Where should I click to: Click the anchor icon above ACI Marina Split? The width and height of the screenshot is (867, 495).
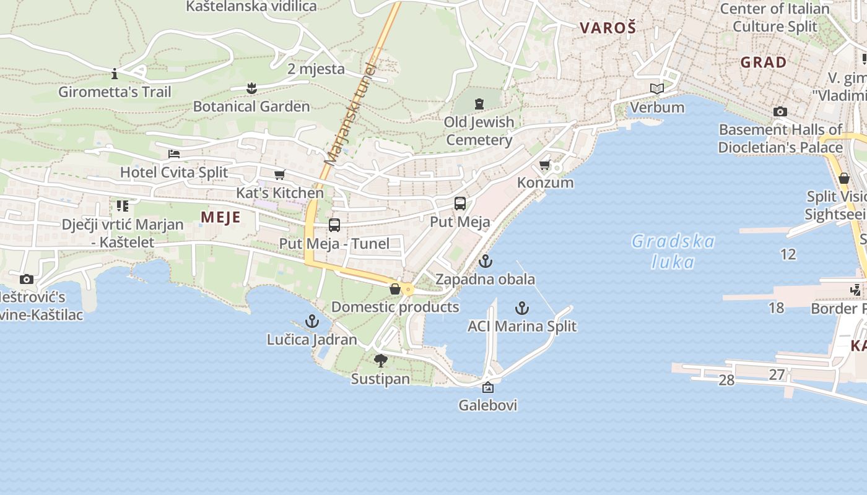point(522,308)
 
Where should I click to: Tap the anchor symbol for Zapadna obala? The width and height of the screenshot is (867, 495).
point(485,261)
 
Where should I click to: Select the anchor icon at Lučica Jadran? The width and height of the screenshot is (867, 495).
point(312,321)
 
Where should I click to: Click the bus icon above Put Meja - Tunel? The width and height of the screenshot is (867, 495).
point(334,225)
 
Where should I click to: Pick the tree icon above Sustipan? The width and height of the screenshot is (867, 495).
point(380,361)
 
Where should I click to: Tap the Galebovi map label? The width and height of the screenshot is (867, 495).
point(488,405)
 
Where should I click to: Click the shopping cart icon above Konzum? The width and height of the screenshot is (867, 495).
point(544,165)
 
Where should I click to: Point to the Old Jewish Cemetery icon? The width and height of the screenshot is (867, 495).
point(479,103)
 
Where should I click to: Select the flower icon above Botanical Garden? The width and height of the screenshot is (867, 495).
point(251,88)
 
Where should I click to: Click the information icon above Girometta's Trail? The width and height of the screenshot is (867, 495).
point(115,74)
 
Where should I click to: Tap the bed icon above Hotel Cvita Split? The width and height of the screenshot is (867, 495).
point(174,154)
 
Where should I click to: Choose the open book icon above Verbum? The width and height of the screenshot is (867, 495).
point(657,89)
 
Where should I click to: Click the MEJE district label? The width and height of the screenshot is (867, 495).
point(220,217)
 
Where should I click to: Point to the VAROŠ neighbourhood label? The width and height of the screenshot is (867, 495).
point(608,27)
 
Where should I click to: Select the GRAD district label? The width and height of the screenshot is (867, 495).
point(764,62)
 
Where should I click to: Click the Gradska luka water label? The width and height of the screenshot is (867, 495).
point(673,251)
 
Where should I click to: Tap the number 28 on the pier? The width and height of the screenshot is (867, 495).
point(726,380)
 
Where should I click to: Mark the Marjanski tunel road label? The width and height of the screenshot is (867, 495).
point(351,114)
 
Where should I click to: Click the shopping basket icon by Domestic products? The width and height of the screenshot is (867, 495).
point(394,289)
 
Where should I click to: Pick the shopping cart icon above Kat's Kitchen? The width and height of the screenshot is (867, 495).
point(280,175)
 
